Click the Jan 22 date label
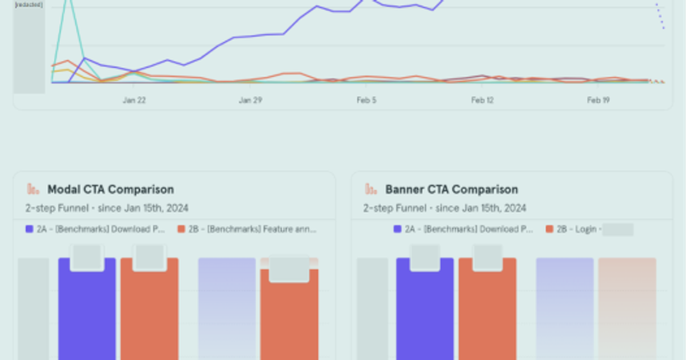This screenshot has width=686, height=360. [134, 100]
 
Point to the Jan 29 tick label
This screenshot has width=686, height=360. [250, 100]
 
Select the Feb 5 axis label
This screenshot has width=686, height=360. [366, 100]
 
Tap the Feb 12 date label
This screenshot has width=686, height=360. [482, 100]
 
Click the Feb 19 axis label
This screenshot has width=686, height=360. [599, 100]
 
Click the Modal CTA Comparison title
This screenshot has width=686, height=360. [110, 189]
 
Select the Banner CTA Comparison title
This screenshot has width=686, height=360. [452, 189]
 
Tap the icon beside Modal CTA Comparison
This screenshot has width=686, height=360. [33, 189]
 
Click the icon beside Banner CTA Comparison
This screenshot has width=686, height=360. [371, 189]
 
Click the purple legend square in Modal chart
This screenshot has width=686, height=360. [30, 229]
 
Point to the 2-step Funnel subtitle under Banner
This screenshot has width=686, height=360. [445, 208]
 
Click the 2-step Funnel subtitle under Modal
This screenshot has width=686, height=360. [107, 208]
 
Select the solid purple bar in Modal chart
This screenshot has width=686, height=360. [87, 314]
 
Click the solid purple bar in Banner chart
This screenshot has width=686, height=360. [425, 314]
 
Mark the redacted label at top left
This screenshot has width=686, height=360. [29, 5]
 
